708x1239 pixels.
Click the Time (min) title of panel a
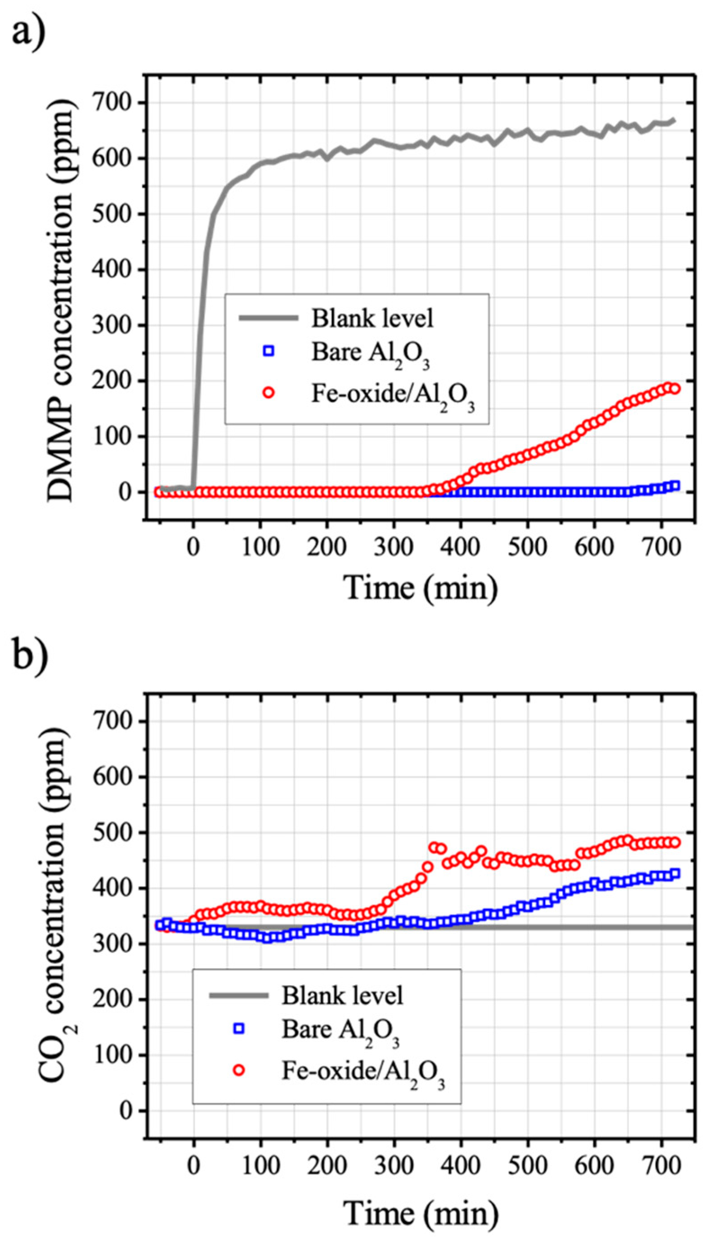pos(421,588)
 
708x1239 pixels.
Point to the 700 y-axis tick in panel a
pos(114,103)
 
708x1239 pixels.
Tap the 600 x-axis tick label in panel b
pos(594,1166)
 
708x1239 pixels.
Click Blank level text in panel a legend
pos(372,319)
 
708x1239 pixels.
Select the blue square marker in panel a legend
pos(269,351)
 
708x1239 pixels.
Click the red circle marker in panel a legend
pos(269,393)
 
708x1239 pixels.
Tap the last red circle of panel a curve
pos(675,389)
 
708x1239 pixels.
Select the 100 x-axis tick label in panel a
pos(260,548)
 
